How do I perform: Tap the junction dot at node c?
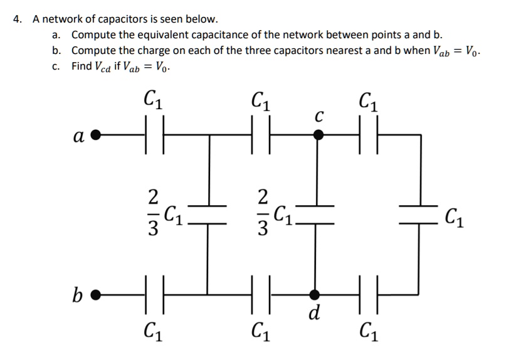[x=319, y=134]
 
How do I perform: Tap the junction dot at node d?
[x=319, y=292]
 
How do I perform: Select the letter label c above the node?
[x=319, y=116]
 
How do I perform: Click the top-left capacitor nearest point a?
[x=155, y=134]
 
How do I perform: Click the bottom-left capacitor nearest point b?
[x=155, y=292]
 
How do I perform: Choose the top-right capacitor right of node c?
[x=368, y=134]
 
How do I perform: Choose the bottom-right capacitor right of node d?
[x=368, y=292]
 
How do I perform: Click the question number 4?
[x=18, y=19]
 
